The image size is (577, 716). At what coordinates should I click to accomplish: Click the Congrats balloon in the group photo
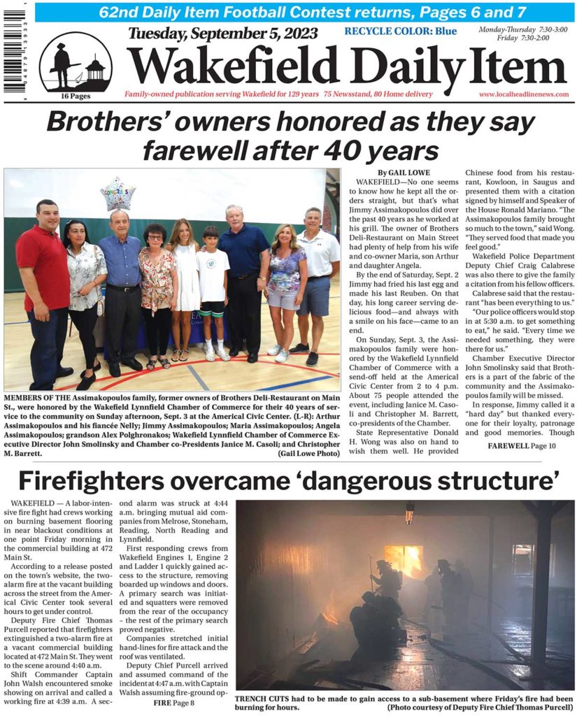pos(117,192)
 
